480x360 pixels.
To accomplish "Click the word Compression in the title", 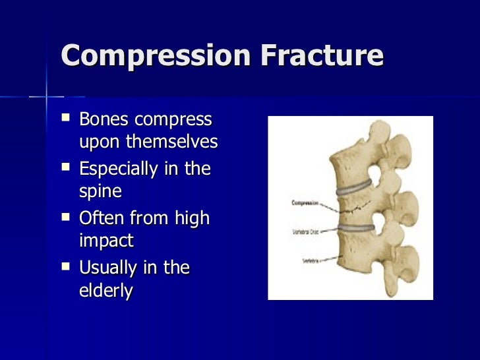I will coord(155,57).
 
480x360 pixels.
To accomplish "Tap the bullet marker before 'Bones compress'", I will coord(65,119).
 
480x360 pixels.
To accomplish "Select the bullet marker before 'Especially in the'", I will coord(65,167).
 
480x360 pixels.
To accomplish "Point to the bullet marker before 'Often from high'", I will coord(65,217).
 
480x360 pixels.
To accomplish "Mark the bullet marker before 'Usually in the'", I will coord(65,266).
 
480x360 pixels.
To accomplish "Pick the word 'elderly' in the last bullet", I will coord(105,291).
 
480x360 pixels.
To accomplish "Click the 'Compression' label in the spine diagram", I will coord(304,203).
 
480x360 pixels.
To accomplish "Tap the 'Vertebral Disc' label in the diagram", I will coord(307,232).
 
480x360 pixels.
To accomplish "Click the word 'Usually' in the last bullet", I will coord(107,268).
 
